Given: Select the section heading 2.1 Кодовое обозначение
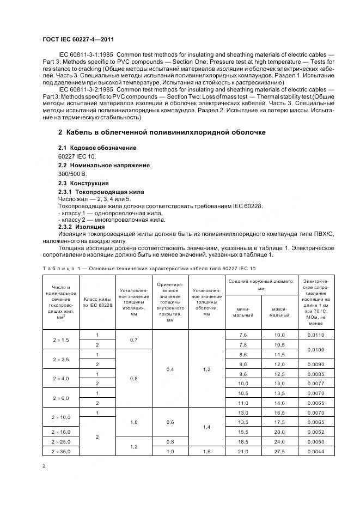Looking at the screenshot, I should (97, 148).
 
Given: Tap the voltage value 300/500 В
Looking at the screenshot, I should (72, 174).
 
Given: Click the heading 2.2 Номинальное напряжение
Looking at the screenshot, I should (103, 165).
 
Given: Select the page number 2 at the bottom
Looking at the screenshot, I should (44, 466).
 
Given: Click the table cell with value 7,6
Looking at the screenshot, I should (243, 335).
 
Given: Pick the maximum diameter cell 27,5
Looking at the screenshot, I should (280, 451).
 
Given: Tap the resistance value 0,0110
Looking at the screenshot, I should (315, 335).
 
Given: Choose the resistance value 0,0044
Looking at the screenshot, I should (315, 451).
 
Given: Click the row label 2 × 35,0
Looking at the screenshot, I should (61, 451).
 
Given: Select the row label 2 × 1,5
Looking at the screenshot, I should (61, 340).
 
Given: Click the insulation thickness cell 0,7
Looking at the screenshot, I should (133, 340).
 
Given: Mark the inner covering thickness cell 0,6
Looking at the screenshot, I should (170, 422).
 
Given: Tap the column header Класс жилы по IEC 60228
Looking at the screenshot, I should (97, 302).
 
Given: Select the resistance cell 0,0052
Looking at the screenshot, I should (315, 431).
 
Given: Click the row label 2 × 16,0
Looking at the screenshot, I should (61, 431).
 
